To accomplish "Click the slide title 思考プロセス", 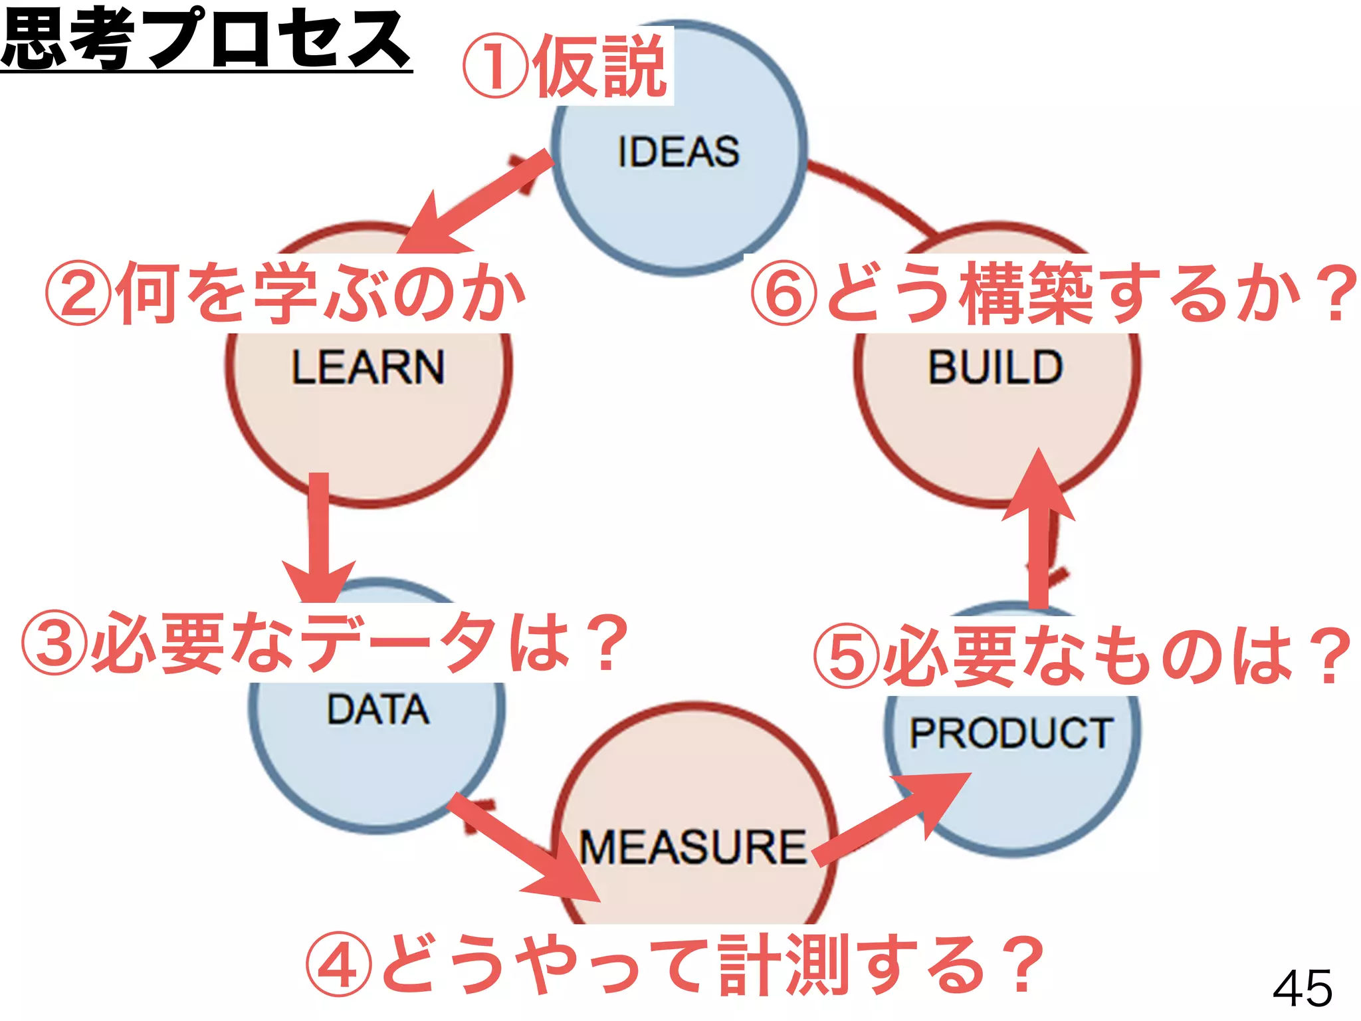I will point(206,40).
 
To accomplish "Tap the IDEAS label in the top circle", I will point(678,152).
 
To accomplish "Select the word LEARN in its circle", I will point(367,367).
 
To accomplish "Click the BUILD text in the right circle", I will point(995,367).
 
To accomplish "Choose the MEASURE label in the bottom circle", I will point(692,848).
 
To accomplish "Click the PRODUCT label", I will point(1010,733).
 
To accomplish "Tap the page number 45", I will point(1303,988).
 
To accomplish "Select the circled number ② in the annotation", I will point(78,293).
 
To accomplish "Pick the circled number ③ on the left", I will point(54,643).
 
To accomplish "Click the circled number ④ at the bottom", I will point(338,964).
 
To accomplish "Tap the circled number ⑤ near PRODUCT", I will point(846,656).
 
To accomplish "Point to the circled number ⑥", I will point(784,293).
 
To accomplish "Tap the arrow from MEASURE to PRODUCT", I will point(890,821).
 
